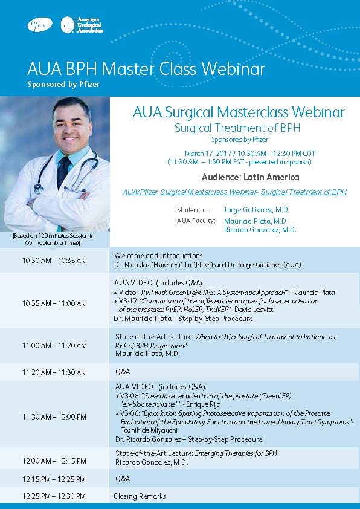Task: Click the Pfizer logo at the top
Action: coord(40,25)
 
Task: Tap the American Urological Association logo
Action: coord(82,25)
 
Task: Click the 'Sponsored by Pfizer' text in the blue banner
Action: coord(63,85)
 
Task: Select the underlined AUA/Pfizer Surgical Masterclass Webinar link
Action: coord(234,192)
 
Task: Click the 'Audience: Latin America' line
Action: coord(251,177)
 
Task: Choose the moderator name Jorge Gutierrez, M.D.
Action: coord(256,210)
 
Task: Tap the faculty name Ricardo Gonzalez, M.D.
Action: coord(260,230)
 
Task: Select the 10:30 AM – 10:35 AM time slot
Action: coord(54,261)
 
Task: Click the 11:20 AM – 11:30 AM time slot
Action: coord(54,372)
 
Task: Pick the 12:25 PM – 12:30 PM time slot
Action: coord(54,496)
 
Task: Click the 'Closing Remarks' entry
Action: coord(140,496)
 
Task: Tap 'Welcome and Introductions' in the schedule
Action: coord(158,256)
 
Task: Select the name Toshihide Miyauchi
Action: coord(149,430)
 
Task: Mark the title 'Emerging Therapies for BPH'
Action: coord(236,453)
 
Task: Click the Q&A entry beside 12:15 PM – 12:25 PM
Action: coord(123,479)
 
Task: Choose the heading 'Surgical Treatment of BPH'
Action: coord(237,128)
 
